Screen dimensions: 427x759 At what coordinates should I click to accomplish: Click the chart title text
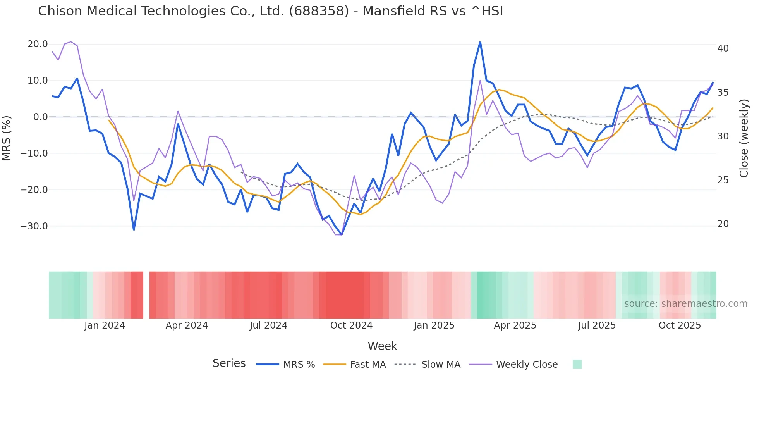(270, 11)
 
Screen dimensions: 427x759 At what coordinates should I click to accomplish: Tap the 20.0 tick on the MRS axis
(38, 44)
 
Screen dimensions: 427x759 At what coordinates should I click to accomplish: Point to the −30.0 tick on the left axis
(34, 226)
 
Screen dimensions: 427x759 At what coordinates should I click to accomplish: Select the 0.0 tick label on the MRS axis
(40, 117)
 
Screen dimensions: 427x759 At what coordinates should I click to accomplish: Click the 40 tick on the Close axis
(723, 48)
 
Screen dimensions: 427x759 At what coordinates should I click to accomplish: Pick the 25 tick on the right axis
(723, 180)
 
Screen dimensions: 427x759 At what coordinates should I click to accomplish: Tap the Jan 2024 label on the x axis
(105, 325)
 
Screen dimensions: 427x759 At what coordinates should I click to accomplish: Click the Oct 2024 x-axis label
(351, 325)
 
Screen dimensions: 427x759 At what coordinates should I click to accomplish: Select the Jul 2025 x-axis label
(597, 325)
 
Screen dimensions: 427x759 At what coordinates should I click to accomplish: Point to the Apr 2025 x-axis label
(515, 325)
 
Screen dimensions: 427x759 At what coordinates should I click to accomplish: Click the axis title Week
(382, 346)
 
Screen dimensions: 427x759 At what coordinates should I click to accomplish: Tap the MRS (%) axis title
(7, 138)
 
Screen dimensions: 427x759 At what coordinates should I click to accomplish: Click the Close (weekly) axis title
(744, 138)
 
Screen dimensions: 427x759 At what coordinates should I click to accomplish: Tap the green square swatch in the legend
(577, 364)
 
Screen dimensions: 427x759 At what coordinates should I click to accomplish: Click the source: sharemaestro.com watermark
(685, 304)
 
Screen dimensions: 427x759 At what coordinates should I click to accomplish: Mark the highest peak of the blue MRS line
(480, 42)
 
